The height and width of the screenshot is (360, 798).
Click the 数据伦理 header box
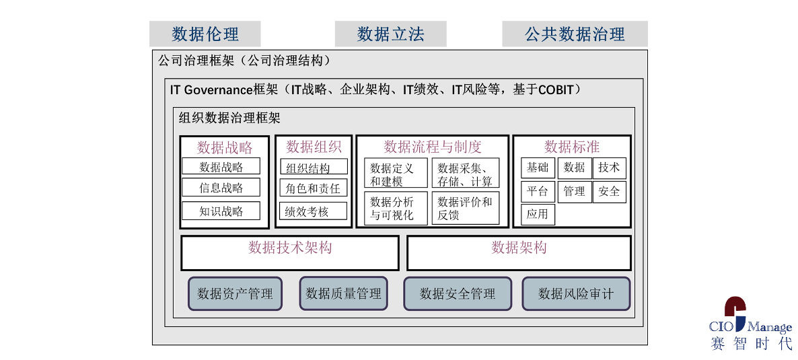[x=205, y=34]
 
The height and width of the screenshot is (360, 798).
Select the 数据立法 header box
[x=390, y=34]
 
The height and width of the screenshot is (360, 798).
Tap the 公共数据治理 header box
[x=575, y=34]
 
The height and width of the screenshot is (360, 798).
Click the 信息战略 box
[x=221, y=187]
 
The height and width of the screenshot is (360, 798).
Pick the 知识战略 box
[x=221, y=211]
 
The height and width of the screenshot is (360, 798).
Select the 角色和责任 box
[x=314, y=188]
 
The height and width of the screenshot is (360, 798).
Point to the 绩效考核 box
[x=314, y=211]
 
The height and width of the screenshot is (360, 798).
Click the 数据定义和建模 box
[x=396, y=173]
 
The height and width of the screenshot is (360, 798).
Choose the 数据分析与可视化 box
[x=396, y=208]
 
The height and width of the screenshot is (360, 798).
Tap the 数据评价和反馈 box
[x=466, y=208]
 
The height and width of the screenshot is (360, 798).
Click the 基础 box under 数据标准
[x=538, y=168]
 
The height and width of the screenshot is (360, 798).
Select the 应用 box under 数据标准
[x=538, y=215]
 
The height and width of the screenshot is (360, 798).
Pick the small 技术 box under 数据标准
[x=609, y=168]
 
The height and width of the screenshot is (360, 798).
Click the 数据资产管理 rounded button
[x=235, y=293]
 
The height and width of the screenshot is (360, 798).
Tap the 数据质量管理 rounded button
[x=344, y=293]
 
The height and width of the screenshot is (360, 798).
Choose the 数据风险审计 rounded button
[x=576, y=293]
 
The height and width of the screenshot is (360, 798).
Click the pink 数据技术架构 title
[x=290, y=248]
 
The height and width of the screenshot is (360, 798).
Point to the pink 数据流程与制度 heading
[x=433, y=147]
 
